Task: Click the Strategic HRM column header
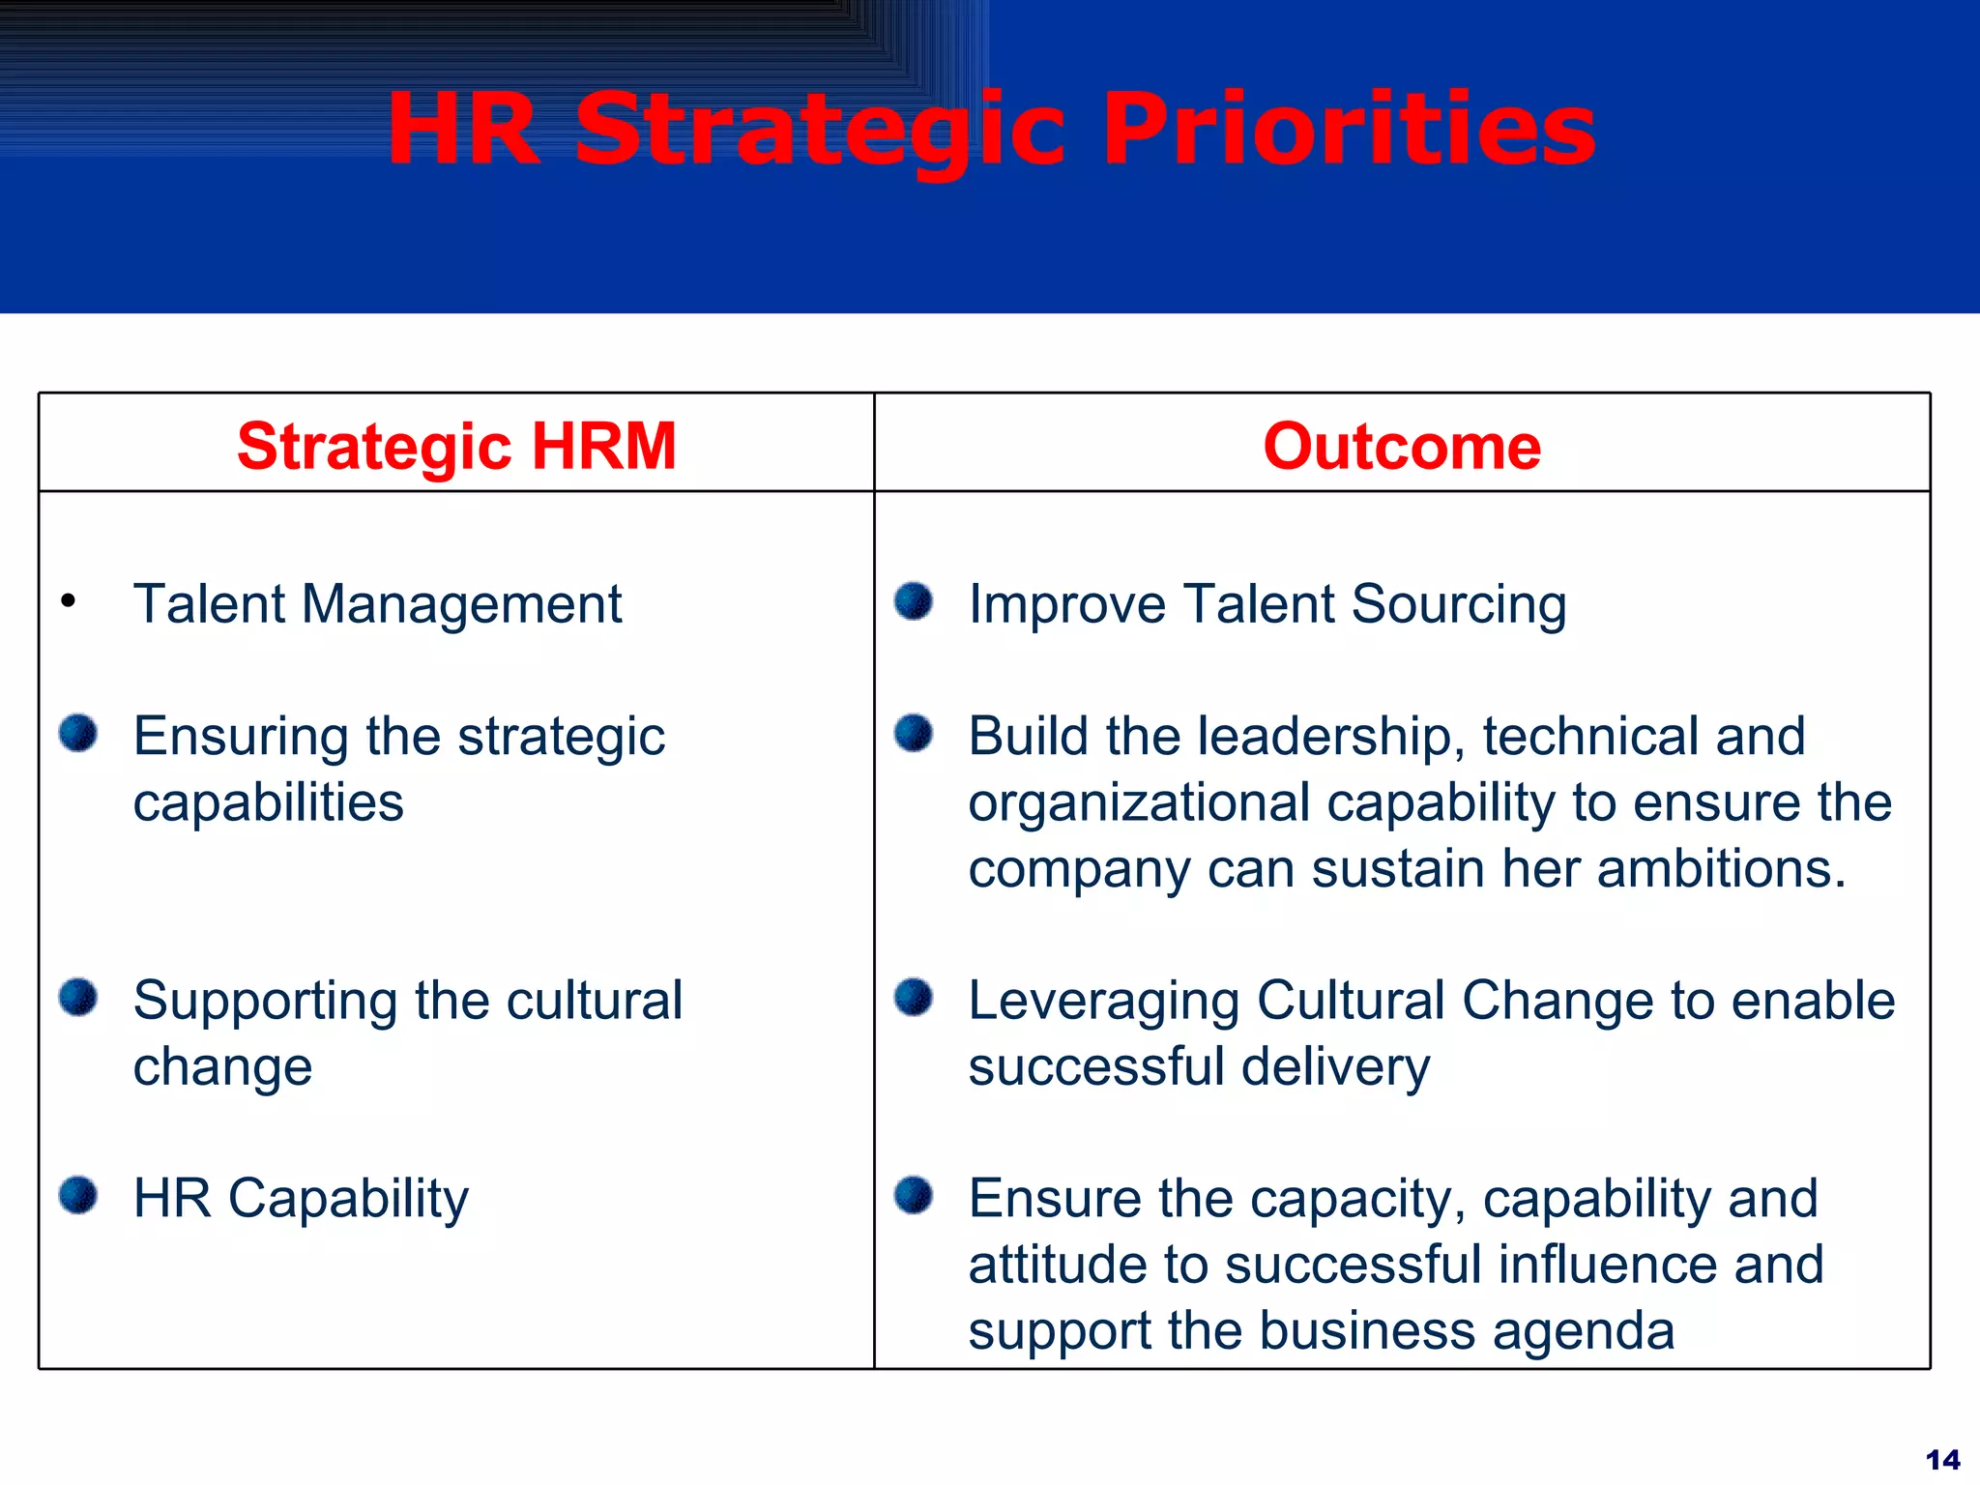456,447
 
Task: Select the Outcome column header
1402,447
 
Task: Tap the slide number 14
1942,1459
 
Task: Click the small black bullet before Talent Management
68,601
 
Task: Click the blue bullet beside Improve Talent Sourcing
913,600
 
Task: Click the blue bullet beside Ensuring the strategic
78,733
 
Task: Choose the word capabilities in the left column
268,803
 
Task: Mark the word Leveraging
1103,1002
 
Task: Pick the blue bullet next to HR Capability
78,1195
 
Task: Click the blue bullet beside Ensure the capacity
913,1195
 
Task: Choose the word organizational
1139,803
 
